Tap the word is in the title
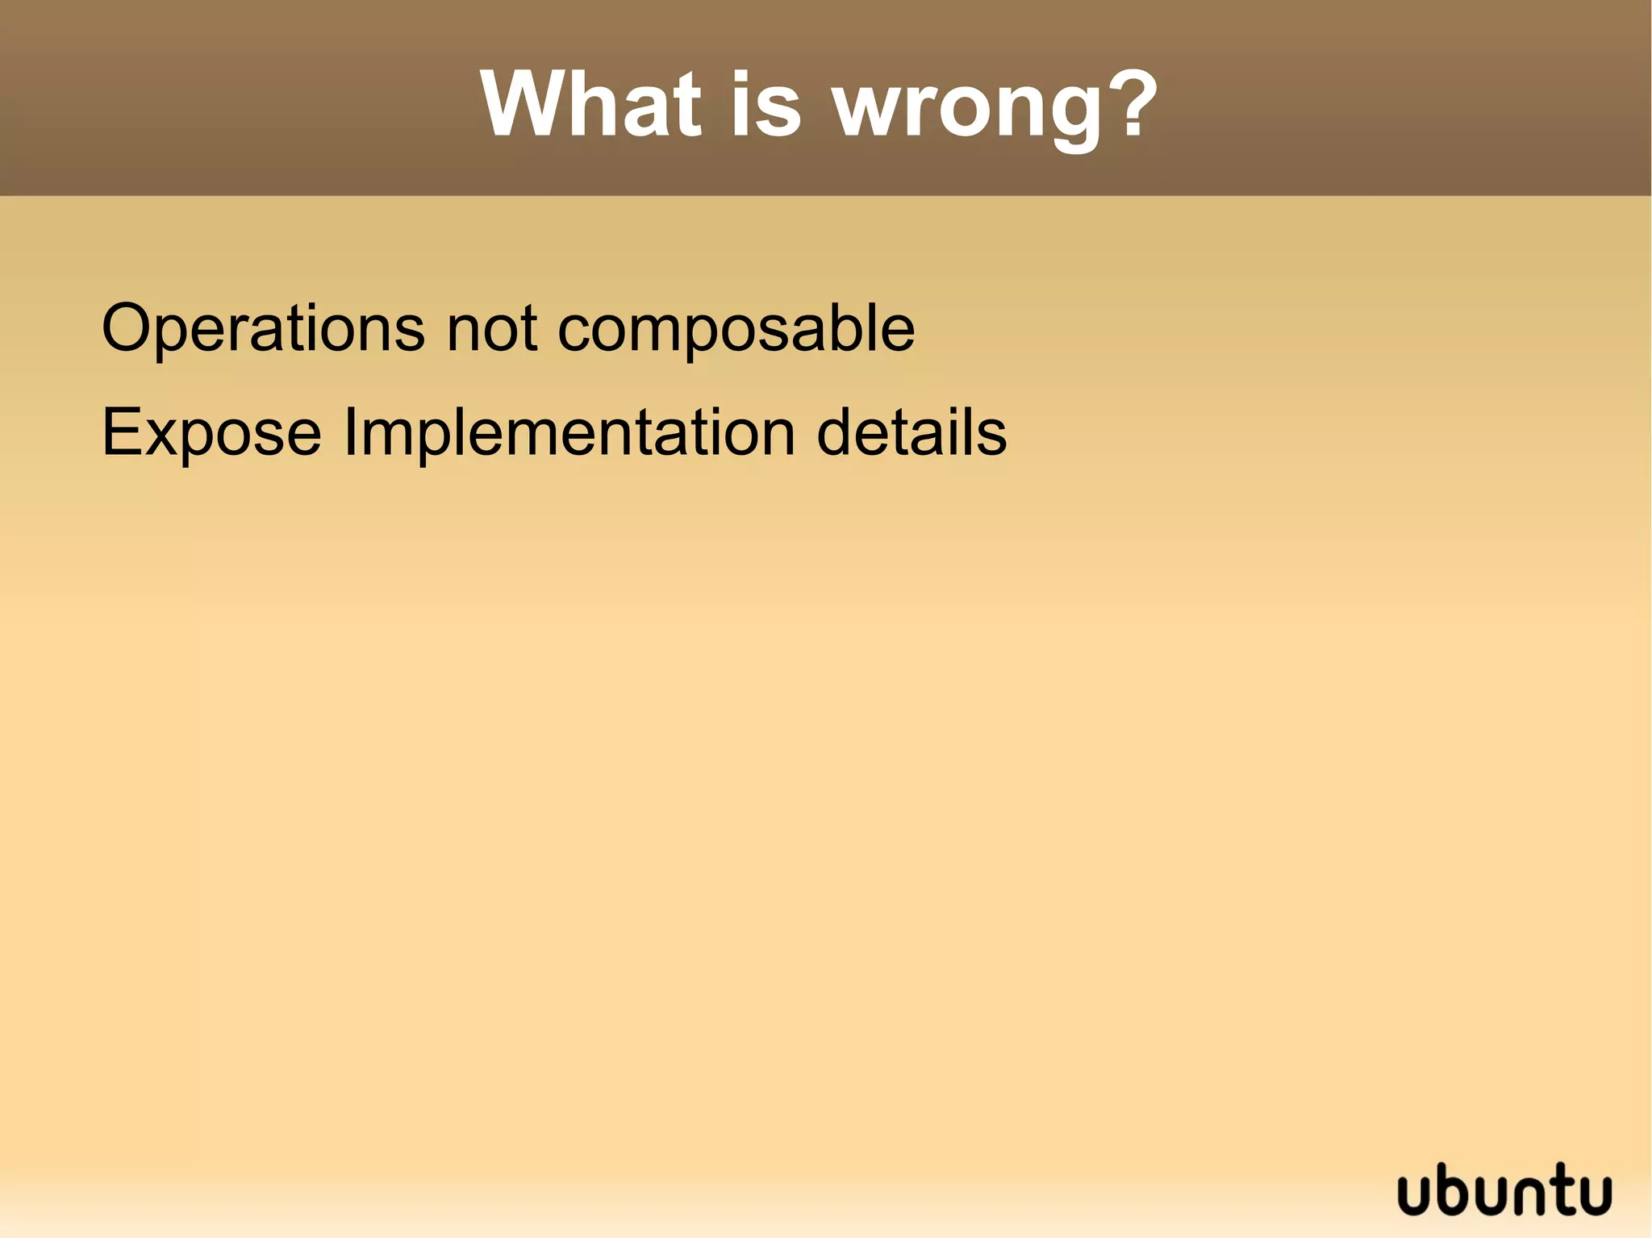tap(766, 105)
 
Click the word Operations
tap(263, 328)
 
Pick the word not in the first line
tap(491, 328)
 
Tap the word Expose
tap(211, 434)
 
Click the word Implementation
tap(569, 434)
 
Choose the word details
tap(912, 432)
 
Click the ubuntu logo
tap(1504, 1190)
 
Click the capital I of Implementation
tap(350, 432)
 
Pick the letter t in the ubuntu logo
tap(1566, 1189)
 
